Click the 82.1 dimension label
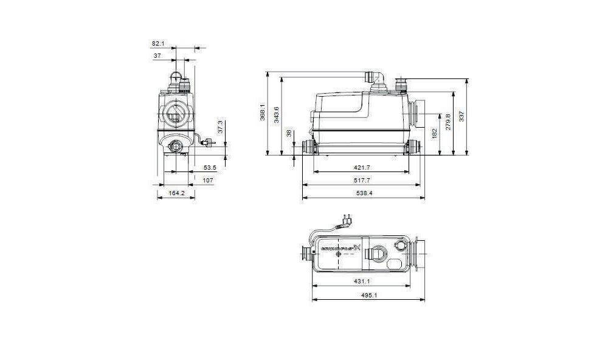tap(158, 43)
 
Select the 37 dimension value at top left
tap(157, 55)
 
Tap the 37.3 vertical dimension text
tap(221, 126)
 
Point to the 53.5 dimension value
tap(210, 167)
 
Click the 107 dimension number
tap(207, 180)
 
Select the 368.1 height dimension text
tap(263, 113)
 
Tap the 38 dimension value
tap(289, 133)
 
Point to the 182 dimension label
tap(434, 133)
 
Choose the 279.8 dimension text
tap(448, 122)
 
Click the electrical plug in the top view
tap(350, 218)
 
